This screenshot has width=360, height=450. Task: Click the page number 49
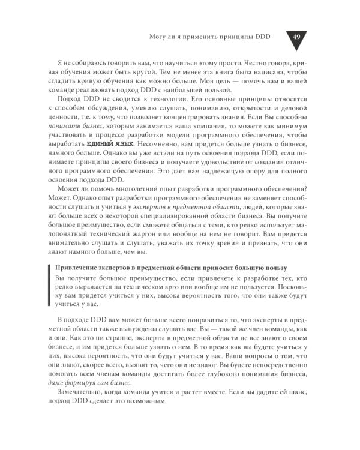[296, 36]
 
